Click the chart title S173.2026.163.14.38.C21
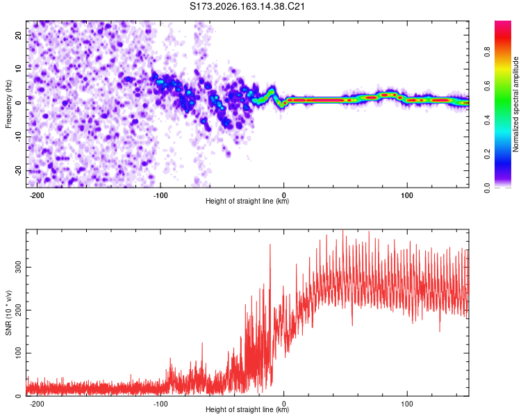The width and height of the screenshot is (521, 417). (x=247, y=6)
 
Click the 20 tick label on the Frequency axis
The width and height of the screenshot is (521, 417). (x=18, y=35)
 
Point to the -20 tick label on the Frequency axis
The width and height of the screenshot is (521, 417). (x=18, y=171)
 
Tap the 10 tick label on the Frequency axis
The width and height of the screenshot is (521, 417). (x=18, y=69)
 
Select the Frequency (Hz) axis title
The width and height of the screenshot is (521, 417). (x=8, y=104)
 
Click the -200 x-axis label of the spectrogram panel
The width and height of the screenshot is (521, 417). (x=37, y=195)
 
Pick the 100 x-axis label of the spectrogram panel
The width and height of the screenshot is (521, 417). (x=406, y=195)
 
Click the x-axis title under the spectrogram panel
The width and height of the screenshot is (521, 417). (x=247, y=201)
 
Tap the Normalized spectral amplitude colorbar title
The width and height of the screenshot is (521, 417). (x=515, y=104)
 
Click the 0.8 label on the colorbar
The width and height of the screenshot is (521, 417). (x=487, y=52)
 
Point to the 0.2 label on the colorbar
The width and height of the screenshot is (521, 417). (x=487, y=154)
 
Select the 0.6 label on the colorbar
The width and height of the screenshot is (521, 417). (x=487, y=85)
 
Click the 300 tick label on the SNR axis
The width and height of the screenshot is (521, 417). (x=18, y=267)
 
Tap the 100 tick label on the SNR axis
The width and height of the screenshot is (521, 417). (x=18, y=353)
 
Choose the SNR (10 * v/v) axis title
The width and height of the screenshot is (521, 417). (x=8, y=313)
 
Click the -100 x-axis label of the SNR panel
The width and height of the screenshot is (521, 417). (x=160, y=404)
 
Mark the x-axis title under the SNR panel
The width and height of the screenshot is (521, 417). (x=247, y=409)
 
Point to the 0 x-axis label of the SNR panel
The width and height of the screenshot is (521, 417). (x=283, y=404)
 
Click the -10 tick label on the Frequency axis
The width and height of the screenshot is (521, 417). (x=18, y=136)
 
